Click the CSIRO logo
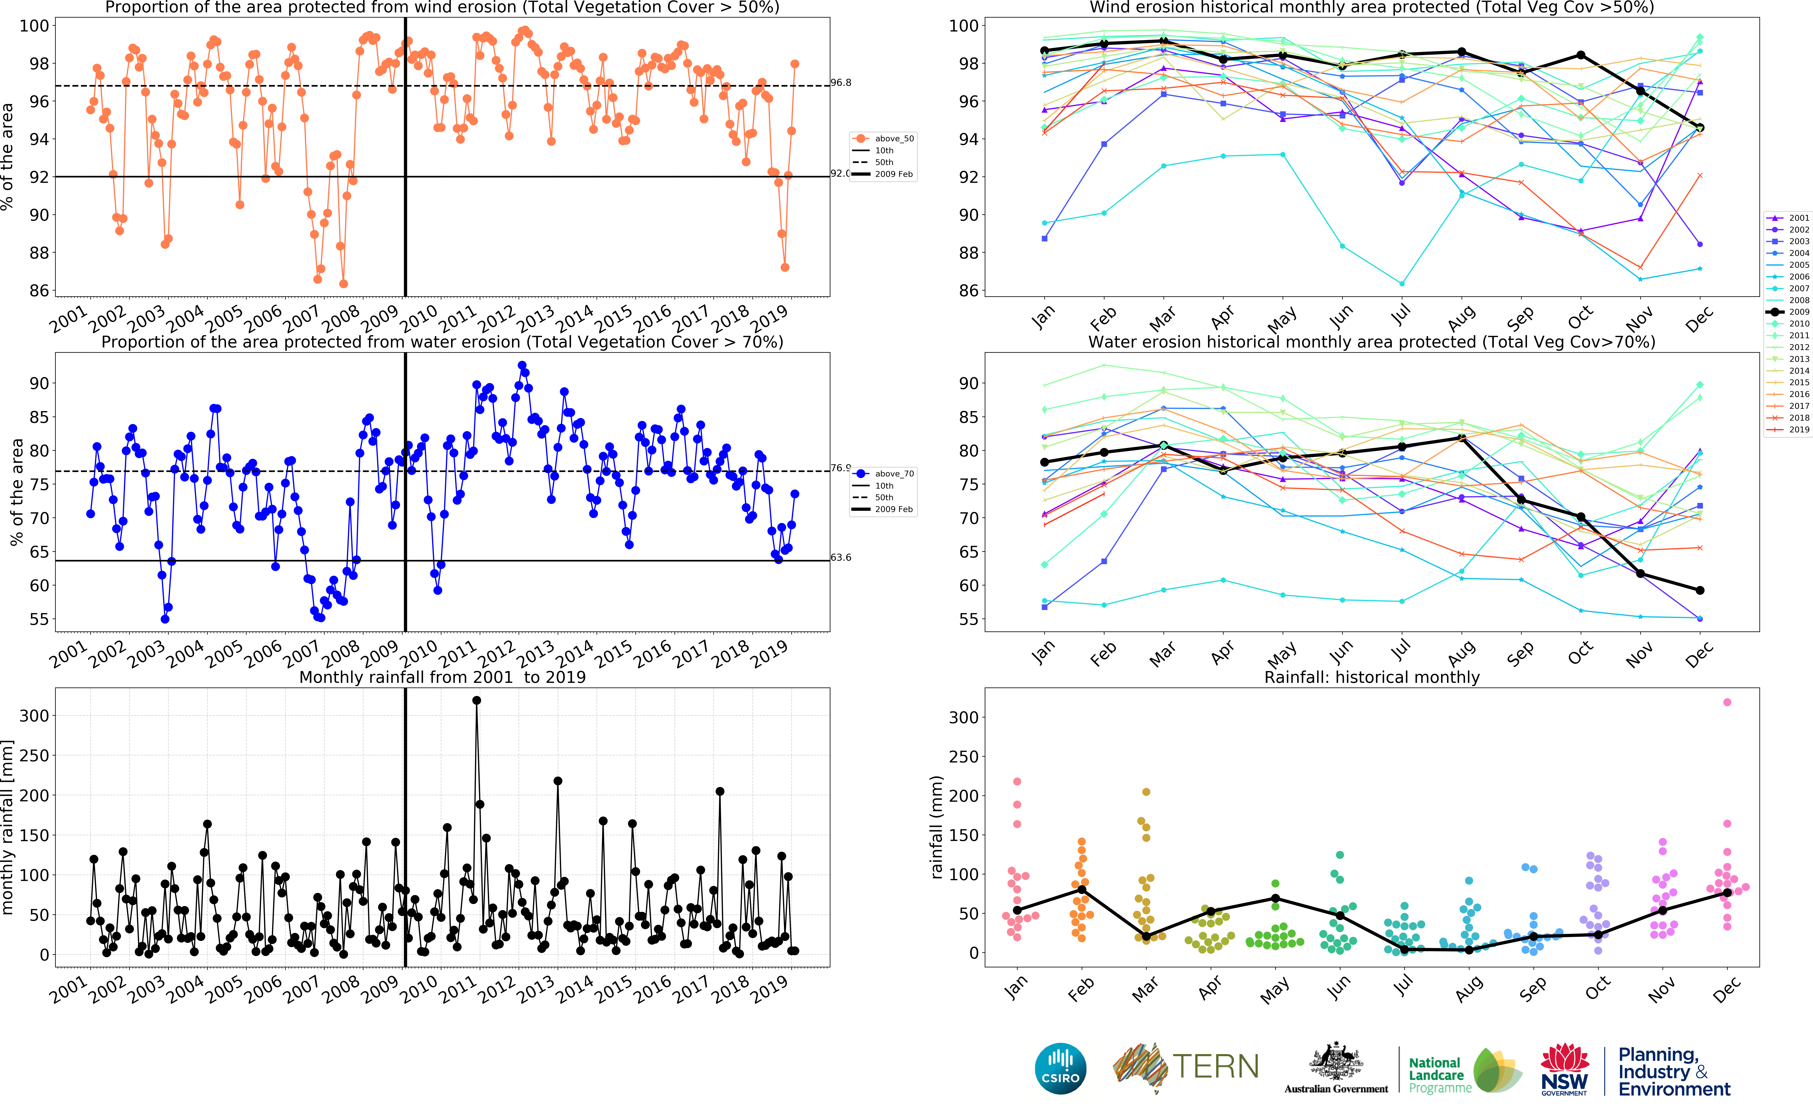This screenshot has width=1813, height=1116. pyautogui.click(x=1061, y=1068)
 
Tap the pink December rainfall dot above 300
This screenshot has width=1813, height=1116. pyautogui.click(x=1727, y=702)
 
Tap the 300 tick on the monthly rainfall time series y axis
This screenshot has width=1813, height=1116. pyautogui.click(x=34, y=715)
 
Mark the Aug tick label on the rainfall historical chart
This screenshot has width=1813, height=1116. pyautogui.click(x=1469, y=989)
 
